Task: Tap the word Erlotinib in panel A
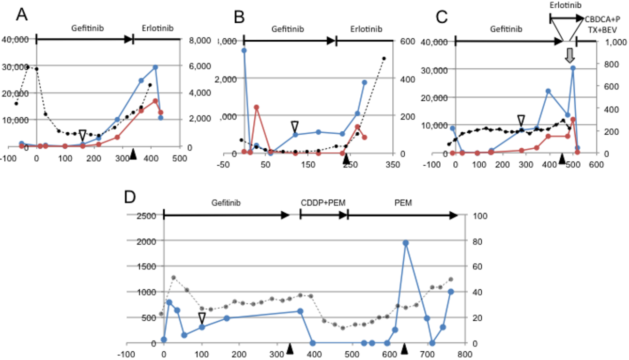[x=157, y=29]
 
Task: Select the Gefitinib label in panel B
[x=288, y=29]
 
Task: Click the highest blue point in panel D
[x=405, y=243]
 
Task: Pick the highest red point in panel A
[x=155, y=101]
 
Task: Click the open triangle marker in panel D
[x=202, y=318]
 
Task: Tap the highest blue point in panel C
[x=572, y=68]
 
